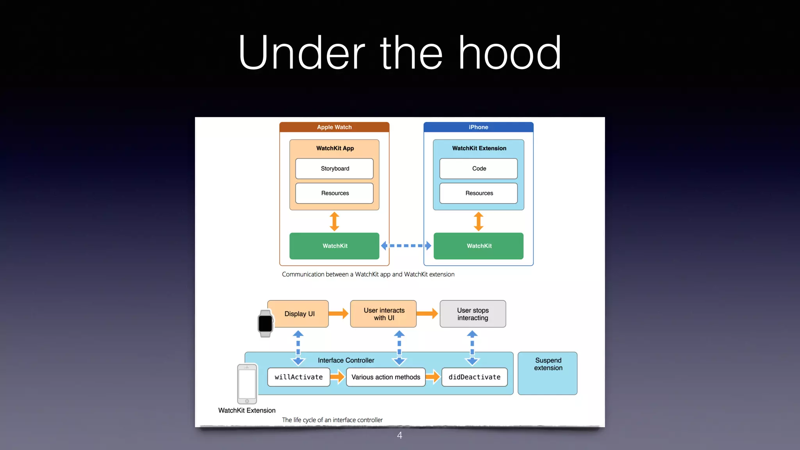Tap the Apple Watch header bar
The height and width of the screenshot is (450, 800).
334,127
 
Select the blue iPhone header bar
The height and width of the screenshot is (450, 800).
479,127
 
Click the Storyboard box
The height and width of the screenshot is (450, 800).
335,168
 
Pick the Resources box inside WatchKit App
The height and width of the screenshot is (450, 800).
335,193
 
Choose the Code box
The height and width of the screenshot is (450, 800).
479,168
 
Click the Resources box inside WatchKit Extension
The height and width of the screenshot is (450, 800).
479,193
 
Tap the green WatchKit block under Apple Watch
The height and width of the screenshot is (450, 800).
334,246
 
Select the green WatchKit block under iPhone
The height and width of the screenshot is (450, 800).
479,246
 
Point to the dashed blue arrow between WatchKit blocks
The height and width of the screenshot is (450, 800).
406,246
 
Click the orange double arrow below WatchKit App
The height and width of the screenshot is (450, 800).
334,221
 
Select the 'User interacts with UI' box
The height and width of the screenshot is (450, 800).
384,314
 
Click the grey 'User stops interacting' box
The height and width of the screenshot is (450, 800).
473,314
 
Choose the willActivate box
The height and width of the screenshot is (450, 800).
299,377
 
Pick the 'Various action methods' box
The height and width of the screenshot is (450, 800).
386,377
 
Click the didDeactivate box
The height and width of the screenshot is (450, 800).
475,377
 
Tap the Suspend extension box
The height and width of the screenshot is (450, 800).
548,373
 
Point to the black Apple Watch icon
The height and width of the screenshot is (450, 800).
265,323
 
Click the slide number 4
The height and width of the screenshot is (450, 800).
400,435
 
